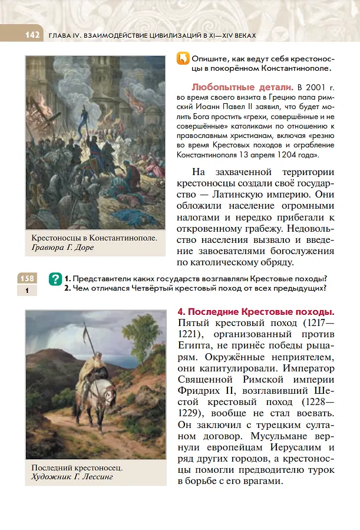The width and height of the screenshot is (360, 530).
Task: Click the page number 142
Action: [x=31, y=35]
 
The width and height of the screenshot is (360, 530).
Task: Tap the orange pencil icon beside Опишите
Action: [x=183, y=59]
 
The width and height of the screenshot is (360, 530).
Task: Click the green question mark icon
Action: [x=56, y=278]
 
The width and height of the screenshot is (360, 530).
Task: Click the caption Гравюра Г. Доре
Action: [x=63, y=248]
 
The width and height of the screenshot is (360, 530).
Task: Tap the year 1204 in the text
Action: [x=283, y=154]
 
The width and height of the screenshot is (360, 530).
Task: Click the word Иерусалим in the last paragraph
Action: [x=298, y=447]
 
